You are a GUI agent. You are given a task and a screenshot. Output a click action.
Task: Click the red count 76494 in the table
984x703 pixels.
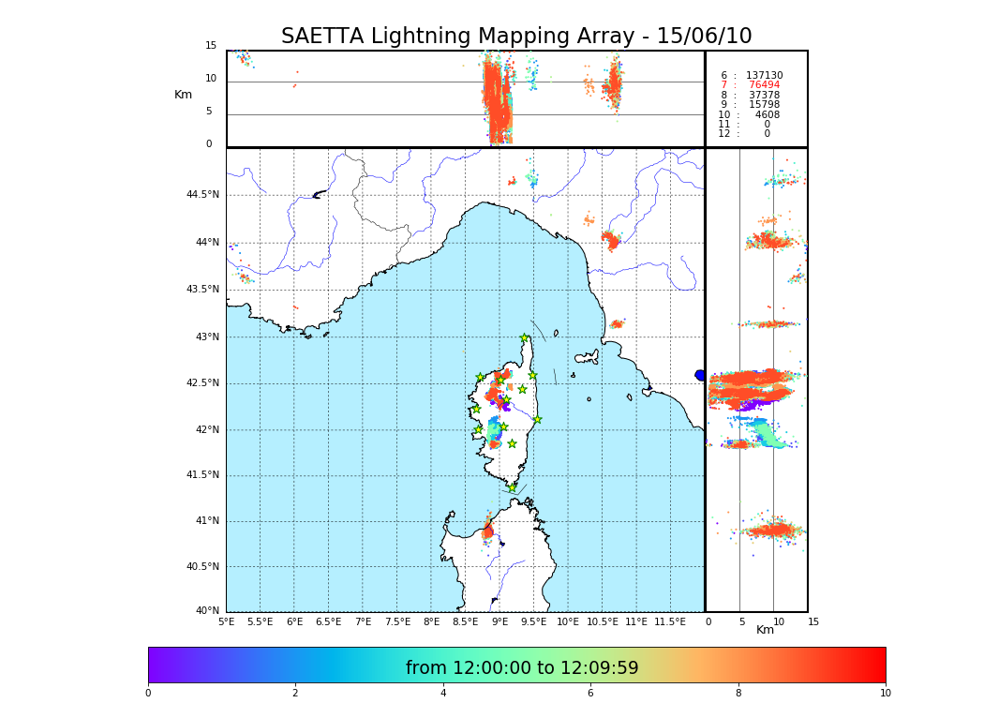764,85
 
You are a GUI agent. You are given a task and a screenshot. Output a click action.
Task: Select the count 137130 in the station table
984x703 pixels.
764,75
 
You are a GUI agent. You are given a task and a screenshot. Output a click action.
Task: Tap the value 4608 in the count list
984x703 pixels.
767,114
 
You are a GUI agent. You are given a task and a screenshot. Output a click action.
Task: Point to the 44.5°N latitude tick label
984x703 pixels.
201,195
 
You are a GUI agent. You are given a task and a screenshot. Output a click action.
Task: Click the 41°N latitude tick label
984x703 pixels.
206,521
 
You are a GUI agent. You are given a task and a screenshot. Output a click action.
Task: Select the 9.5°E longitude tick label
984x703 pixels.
533,621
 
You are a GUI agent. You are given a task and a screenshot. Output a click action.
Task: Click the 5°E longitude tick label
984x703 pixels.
226,621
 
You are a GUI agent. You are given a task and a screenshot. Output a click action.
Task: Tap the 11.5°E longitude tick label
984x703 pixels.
670,621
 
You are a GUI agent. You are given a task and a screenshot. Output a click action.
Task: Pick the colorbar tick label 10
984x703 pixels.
885,693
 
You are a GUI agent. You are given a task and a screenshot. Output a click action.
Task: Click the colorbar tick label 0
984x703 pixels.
148,693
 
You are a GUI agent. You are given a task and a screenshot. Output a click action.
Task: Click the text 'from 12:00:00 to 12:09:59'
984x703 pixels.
522,668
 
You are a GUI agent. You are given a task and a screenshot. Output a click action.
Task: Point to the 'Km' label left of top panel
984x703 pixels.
184,95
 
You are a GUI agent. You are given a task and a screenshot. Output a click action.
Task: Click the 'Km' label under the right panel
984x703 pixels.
766,630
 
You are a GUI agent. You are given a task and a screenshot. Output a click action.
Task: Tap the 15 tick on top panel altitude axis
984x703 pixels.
211,46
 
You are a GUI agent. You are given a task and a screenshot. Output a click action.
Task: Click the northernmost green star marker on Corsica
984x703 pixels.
525,338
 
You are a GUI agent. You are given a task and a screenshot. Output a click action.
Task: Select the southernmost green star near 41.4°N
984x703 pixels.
512,487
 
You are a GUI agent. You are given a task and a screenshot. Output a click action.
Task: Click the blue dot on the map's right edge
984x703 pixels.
699,375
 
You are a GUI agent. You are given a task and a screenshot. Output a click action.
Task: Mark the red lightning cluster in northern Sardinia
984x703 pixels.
487,531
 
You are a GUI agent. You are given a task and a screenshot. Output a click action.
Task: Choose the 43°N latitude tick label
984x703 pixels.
206,337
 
